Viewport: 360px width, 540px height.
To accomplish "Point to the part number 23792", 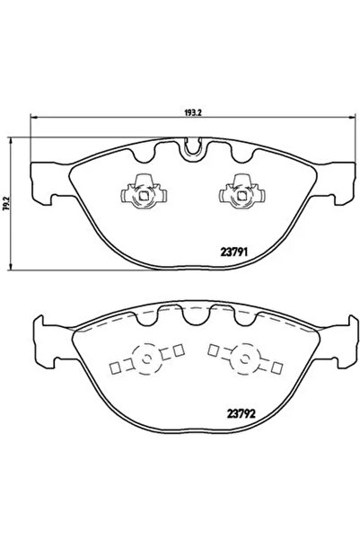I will (x=234, y=415).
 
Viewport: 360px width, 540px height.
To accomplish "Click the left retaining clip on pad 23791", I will (x=140, y=190).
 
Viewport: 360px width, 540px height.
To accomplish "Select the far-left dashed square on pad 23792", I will (x=113, y=367).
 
